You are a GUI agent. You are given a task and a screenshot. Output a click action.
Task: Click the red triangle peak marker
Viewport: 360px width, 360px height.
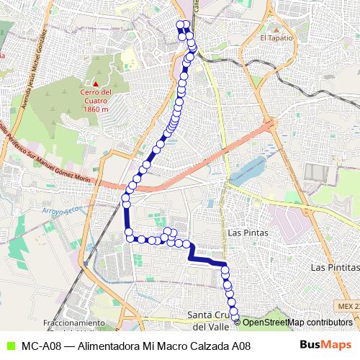(95, 84)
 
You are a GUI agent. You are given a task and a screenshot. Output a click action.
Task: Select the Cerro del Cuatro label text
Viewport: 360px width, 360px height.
(95, 96)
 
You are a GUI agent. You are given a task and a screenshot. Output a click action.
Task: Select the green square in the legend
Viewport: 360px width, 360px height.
(9, 346)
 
